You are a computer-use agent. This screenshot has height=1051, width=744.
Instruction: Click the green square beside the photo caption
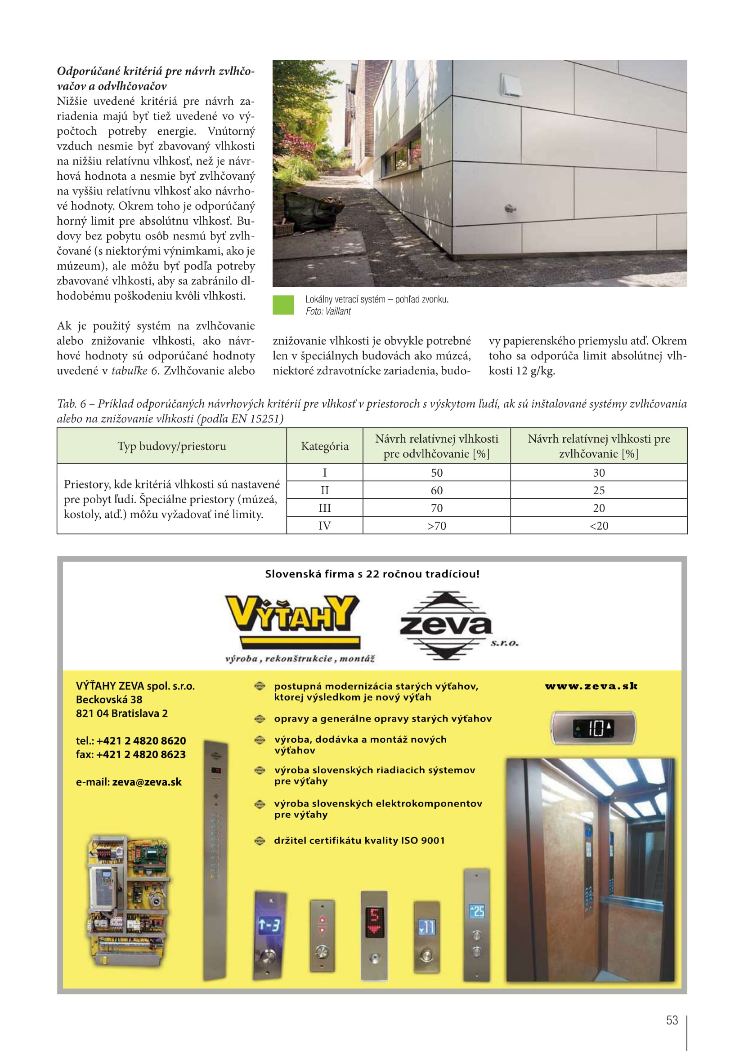[283, 305]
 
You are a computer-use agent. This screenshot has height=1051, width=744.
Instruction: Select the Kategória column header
[324, 446]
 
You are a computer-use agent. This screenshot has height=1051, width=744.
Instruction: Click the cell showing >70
[436, 526]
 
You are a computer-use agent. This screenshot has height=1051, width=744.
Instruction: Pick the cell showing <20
[598, 526]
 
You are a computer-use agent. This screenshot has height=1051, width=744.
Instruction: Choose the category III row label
[324, 508]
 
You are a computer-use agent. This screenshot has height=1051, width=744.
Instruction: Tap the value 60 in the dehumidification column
[436, 490]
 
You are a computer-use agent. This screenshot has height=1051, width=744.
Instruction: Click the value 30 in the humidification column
[598, 472]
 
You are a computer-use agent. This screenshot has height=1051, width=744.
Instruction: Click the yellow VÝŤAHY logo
[292, 616]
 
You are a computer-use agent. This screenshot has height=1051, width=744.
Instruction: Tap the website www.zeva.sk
[591, 686]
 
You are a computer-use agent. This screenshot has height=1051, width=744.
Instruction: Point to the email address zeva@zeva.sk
[147, 782]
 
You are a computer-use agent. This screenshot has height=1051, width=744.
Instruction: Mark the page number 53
[672, 1020]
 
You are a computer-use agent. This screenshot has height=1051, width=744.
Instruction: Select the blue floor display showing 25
[477, 911]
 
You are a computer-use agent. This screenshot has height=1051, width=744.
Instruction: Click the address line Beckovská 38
[109, 700]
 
